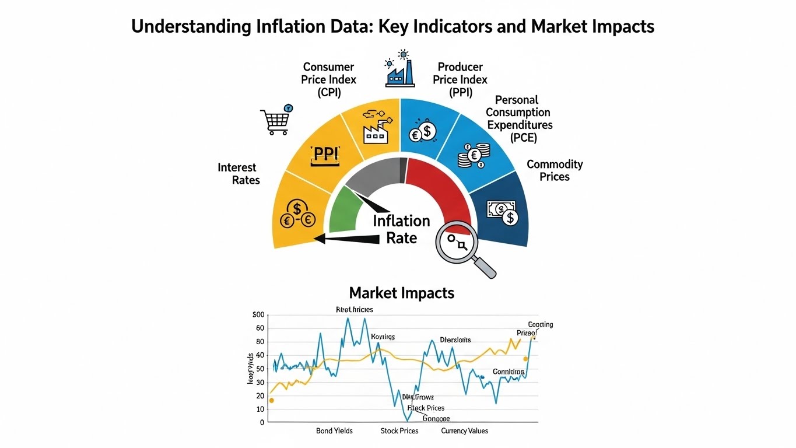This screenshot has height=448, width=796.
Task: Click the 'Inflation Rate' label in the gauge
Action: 401,229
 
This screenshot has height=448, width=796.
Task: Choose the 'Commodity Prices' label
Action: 555,170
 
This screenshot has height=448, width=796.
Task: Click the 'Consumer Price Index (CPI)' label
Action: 328,79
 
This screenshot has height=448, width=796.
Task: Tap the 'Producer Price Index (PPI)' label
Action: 460,79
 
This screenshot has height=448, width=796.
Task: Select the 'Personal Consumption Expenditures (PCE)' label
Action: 519,118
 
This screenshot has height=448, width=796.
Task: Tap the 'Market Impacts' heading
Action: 401,293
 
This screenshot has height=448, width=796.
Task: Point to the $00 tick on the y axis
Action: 258,315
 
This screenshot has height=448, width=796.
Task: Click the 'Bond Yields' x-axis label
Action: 334,431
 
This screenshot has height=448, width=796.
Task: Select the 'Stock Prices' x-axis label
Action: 399,431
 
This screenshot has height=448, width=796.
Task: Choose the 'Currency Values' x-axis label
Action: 464,431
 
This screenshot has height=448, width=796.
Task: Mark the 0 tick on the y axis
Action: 262,422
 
